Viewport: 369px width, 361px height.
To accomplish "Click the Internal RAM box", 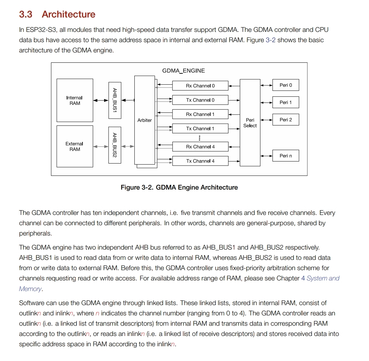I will pos(75,100).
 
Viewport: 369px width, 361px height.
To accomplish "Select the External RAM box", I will pos(75,146).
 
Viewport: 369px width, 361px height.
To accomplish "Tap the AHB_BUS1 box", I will pos(115,100).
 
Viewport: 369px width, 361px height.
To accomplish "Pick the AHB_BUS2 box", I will pos(115,145).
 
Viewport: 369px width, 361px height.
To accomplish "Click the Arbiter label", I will pos(145,120).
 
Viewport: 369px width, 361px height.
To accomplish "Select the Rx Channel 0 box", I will pos(200,86).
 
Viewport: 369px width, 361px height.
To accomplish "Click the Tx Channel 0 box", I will pos(200,100).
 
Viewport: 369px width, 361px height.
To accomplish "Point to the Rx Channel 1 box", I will pos(200,114).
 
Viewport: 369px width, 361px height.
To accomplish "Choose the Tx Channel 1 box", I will pos(200,129).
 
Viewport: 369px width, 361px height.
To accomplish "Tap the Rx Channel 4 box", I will pos(200,147).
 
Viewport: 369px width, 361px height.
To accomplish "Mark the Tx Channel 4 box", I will pos(200,161).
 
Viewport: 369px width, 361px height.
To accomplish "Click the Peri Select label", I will pos(250,123).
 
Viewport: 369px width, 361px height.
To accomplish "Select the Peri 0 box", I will pos(286,85).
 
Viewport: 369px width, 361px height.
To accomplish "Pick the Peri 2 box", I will pos(286,120).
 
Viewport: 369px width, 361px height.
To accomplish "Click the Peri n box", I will pos(286,156).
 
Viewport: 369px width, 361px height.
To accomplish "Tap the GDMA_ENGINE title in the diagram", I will pos(183,71).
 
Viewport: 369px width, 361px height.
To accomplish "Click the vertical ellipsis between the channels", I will pos(200,138).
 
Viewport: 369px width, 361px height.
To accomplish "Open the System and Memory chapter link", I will pos(323,278).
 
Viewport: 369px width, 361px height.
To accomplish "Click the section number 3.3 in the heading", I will pos(26,14).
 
